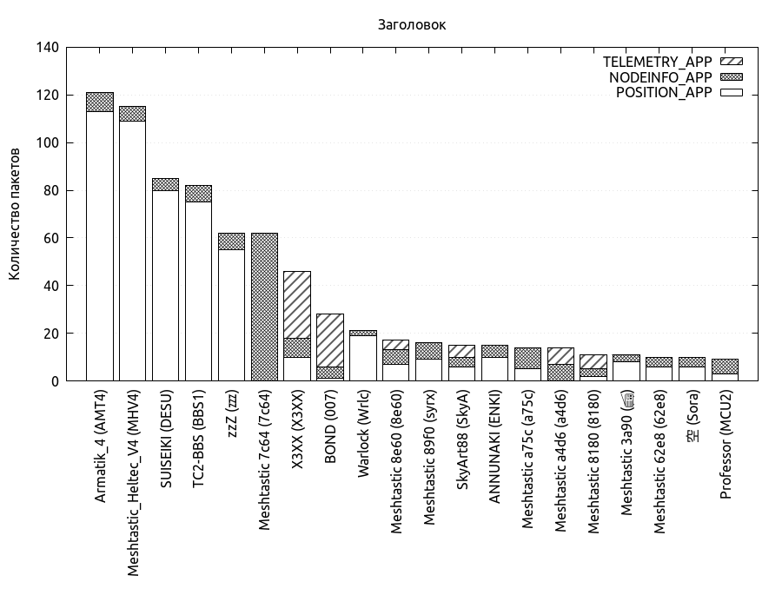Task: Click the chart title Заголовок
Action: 412,24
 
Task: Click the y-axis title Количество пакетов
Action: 15,214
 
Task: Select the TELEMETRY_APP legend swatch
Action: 733,62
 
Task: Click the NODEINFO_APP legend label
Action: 660,77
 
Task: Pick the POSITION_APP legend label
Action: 664,93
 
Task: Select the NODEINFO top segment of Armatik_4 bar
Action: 100,102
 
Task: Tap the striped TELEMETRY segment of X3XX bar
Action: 297,304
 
